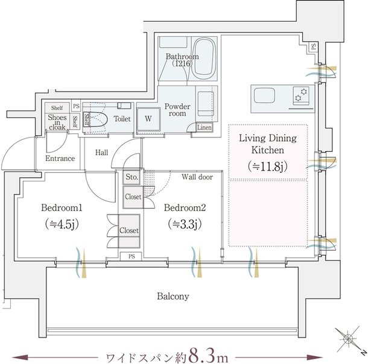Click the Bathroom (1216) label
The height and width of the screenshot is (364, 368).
pyautogui.click(x=182, y=60)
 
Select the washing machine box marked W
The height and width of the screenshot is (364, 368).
pyautogui.click(x=148, y=119)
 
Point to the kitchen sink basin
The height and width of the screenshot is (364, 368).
pyautogui.click(x=264, y=95)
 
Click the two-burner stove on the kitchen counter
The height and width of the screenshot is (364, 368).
pyautogui.click(x=301, y=95)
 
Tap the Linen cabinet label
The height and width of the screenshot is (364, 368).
pyautogui.click(x=205, y=128)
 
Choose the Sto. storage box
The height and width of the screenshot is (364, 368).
pyautogui.click(x=132, y=177)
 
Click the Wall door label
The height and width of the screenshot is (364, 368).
pyautogui.click(x=197, y=177)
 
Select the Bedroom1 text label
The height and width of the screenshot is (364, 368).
pyautogui.click(x=62, y=208)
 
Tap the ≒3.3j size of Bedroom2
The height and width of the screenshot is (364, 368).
pyautogui.click(x=185, y=225)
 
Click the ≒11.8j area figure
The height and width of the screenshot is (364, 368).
pyautogui.click(x=267, y=166)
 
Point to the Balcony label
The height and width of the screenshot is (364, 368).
pyautogui.click(x=173, y=297)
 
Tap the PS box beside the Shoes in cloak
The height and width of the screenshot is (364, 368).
pyautogui.click(x=76, y=107)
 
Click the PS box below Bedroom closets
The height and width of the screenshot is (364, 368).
pyautogui.click(x=132, y=256)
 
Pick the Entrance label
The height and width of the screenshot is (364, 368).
pyautogui.click(x=60, y=158)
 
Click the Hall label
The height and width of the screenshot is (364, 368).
pyautogui.click(x=101, y=153)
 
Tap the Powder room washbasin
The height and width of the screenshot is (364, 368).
pyautogui.click(x=206, y=104)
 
